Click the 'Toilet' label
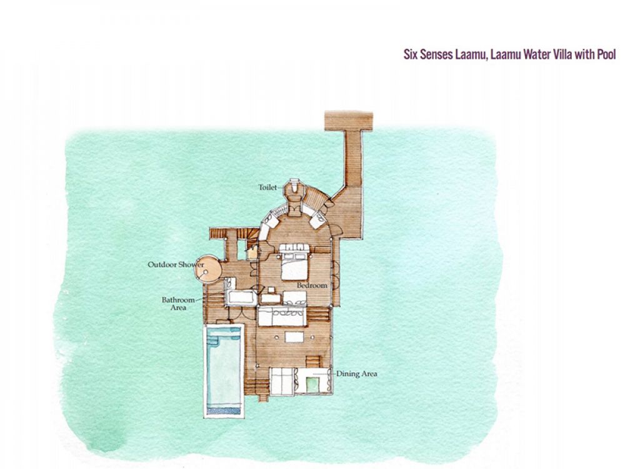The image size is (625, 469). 267,187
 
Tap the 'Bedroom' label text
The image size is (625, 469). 312,286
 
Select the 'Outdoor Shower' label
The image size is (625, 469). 176,265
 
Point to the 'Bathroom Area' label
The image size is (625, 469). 178,303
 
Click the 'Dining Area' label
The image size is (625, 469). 357,374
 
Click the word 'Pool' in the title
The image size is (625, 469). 606,54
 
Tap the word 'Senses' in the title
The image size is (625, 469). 438,54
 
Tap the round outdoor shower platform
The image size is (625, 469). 207,269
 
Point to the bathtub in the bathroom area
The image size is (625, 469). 241,298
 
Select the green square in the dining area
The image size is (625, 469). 312,384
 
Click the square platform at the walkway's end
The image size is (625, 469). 349,121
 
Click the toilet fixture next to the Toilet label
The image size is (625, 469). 294,188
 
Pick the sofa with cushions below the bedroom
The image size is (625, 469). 282,316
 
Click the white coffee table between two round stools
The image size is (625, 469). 294,338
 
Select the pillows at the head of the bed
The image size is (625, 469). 294,248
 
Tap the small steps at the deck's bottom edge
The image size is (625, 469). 263,398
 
